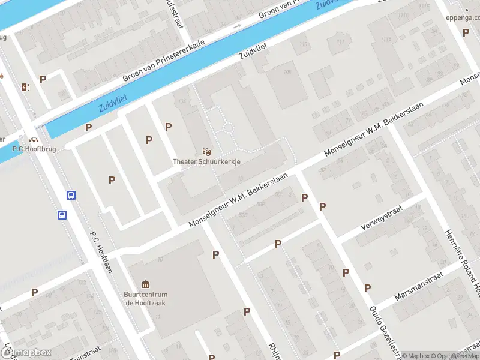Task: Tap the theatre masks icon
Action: point(206,151)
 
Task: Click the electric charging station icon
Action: point(25,87)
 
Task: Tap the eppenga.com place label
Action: point(462,17)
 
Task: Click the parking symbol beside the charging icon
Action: point(43,79)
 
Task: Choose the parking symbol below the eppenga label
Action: point(466,32)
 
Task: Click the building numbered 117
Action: point(341,41)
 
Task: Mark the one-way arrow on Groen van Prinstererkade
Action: point(237,26)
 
